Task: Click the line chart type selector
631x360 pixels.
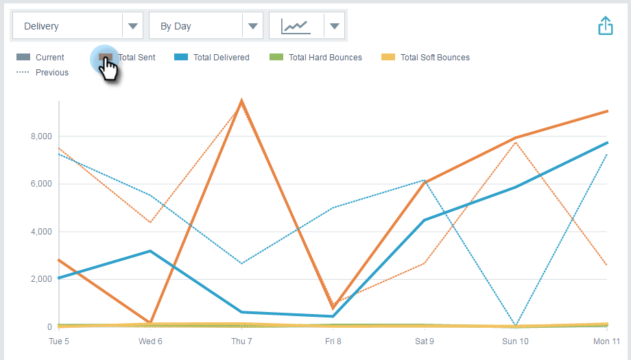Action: click(x=307, y=26)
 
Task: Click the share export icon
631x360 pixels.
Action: click(x=605, y=26)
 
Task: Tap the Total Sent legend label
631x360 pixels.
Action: click(x=137, y=58)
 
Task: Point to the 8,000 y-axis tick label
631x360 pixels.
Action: click(x=42, y=136)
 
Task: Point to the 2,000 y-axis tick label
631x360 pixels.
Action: click(x=42, y=279)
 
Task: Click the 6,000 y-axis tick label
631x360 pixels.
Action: click(x=42, y=184)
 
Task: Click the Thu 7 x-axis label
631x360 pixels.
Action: click(x=241, y=341)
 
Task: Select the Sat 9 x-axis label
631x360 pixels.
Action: click(x=425, y=341)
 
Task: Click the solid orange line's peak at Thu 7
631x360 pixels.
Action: click(x=241, y=101)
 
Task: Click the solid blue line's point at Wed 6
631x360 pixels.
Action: click(x=150, y=251)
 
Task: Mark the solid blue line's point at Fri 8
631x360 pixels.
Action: click(x=333, y=316)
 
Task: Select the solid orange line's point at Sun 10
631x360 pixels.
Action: click(x=516, y=138)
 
